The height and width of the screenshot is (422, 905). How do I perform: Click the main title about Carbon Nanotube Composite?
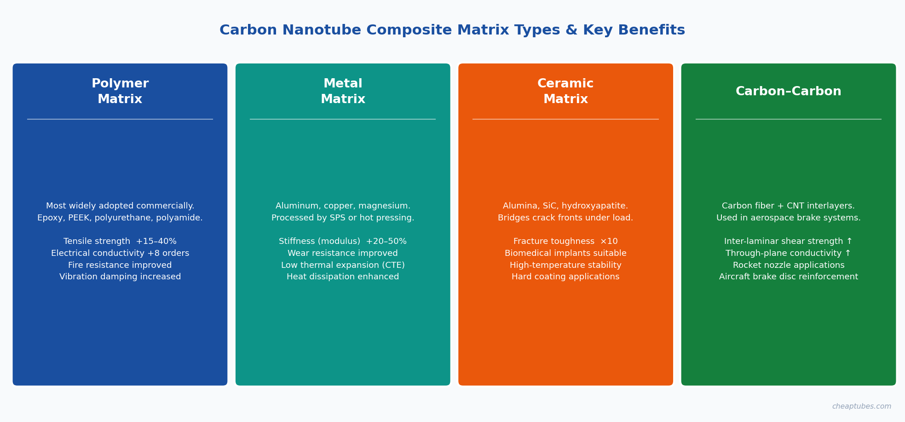(452, 30)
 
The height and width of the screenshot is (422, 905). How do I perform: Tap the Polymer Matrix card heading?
(120, 91)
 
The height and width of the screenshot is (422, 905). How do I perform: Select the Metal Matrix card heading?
(343, 91)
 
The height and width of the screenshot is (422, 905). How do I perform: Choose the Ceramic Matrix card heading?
(565, 91)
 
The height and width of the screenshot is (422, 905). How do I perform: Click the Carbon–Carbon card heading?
(789, 92)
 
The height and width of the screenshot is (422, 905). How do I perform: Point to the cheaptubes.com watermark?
(861, 406)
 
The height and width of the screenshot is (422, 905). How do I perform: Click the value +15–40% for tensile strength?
(156, 242)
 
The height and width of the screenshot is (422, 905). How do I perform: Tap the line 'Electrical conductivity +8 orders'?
(120, 254)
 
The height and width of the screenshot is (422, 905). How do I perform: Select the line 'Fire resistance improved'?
(120, 266)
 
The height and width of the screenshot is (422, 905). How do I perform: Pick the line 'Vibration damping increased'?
(120, 277)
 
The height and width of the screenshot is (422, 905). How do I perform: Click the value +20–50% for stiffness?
(386, 242)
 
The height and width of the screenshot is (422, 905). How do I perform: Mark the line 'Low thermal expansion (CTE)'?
(343, 266)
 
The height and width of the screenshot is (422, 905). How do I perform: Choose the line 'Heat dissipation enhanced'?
(343, 277)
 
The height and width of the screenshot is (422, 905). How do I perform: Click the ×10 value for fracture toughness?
(609, 242)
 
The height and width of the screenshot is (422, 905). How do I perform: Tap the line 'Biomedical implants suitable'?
(565, 254)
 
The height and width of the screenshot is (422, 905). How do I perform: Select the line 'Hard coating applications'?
(565, 277)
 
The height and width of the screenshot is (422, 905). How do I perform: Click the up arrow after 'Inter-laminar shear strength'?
(849, 241)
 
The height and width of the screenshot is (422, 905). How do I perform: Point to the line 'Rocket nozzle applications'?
(789, 266)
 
